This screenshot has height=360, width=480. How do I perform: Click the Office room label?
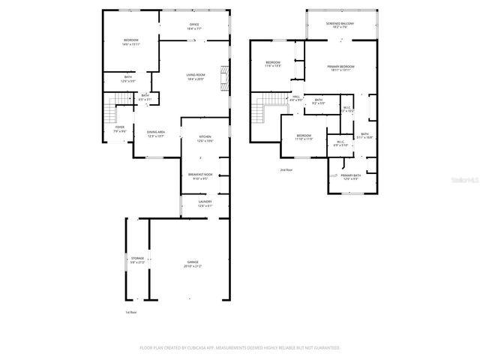193,27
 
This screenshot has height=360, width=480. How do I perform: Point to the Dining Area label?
156,134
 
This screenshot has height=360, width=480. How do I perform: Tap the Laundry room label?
205,203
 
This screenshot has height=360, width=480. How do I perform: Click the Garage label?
193,265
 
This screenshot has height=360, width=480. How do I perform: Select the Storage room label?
136,260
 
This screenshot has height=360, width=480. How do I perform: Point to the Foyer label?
119,129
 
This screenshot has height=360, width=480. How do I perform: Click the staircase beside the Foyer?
112,115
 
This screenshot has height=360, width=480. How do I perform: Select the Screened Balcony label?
340,25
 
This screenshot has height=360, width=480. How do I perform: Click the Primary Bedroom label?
340,68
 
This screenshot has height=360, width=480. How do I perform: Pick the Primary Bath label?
351,177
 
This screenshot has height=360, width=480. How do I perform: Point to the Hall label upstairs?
296,98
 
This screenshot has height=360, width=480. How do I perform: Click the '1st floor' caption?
131,313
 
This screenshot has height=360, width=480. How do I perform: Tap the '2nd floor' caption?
286,170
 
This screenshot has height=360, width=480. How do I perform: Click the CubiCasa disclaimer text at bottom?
240,348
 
